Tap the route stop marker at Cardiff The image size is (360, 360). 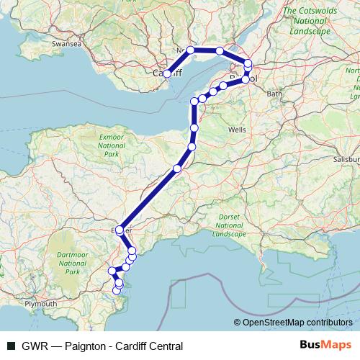166,73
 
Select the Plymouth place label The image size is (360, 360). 41,305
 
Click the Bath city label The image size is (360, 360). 274,94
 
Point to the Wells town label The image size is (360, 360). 236,130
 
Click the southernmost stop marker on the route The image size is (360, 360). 117,290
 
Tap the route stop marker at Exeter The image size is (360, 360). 120,228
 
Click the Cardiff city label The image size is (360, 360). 168,73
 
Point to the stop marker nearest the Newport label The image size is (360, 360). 190,50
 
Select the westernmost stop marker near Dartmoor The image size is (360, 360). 112,271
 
